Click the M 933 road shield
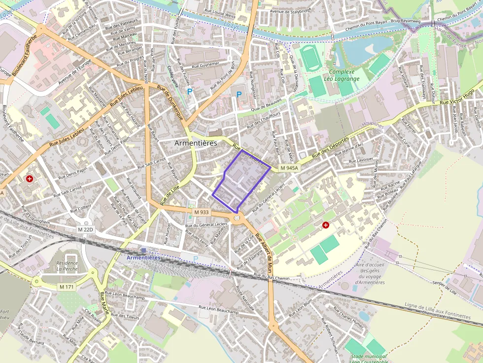[x=201, y=212]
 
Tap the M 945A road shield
[x=289, y=168]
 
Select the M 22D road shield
[x=86, y=230]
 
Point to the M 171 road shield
[x=67, y=287]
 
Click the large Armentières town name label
[x=196, y=143]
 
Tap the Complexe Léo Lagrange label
[x=342, y=75]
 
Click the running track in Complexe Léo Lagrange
[x=310, y=59]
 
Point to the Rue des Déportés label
[x=330, y=147]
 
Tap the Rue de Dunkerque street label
[x=170, y=102]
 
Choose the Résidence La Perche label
[x=67, y=266]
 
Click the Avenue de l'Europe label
[x=75, y=72]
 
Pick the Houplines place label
[x=373, y=125]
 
